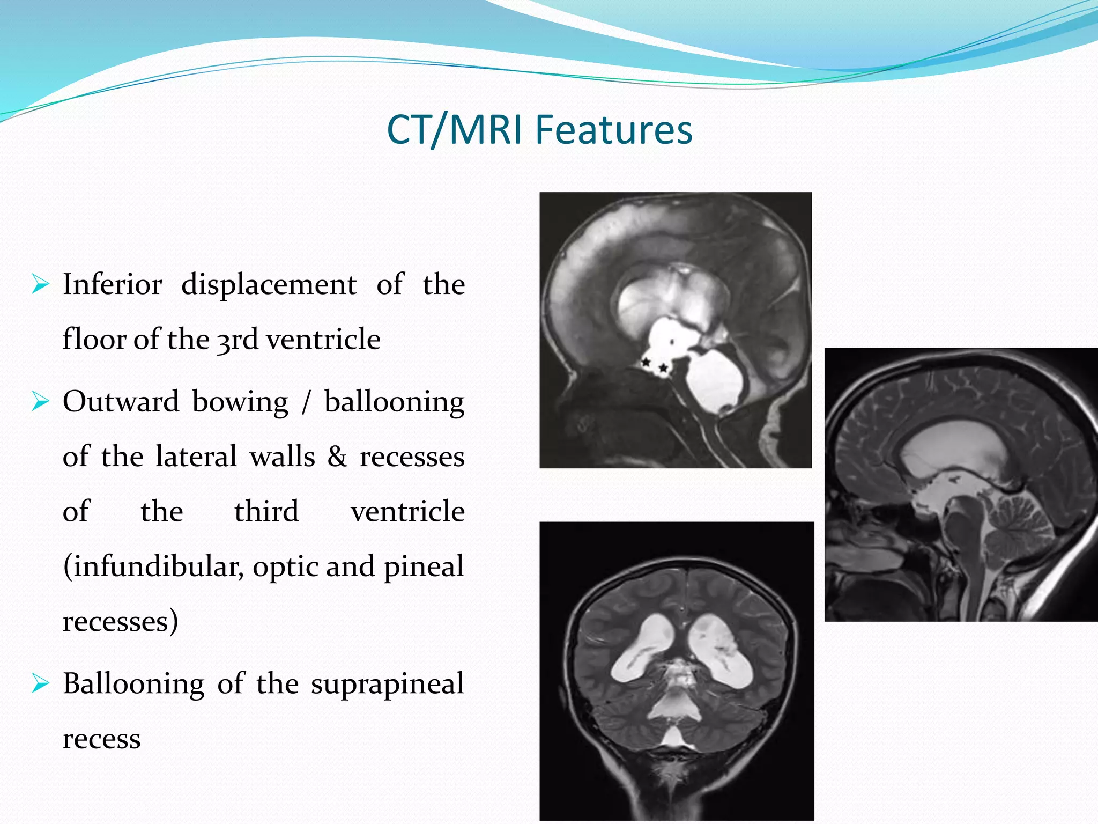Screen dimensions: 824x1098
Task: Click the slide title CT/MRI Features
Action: (539, 130)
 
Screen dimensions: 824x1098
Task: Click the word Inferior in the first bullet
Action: (112, 284)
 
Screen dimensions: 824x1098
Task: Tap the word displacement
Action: (269, 284)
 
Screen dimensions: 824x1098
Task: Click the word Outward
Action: (121, 402)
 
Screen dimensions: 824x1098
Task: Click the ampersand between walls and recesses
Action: (337, 457)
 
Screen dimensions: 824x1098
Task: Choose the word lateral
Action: (196, 457)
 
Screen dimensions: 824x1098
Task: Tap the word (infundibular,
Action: (153, 567)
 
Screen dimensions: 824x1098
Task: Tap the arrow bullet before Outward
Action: (40, 401)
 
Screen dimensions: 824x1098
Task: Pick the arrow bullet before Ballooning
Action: (40, 683)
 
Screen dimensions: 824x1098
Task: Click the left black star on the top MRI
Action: (647, 363)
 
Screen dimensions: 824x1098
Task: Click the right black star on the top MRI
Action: (664, 368)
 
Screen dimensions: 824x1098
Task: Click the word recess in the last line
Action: (102, 739)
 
